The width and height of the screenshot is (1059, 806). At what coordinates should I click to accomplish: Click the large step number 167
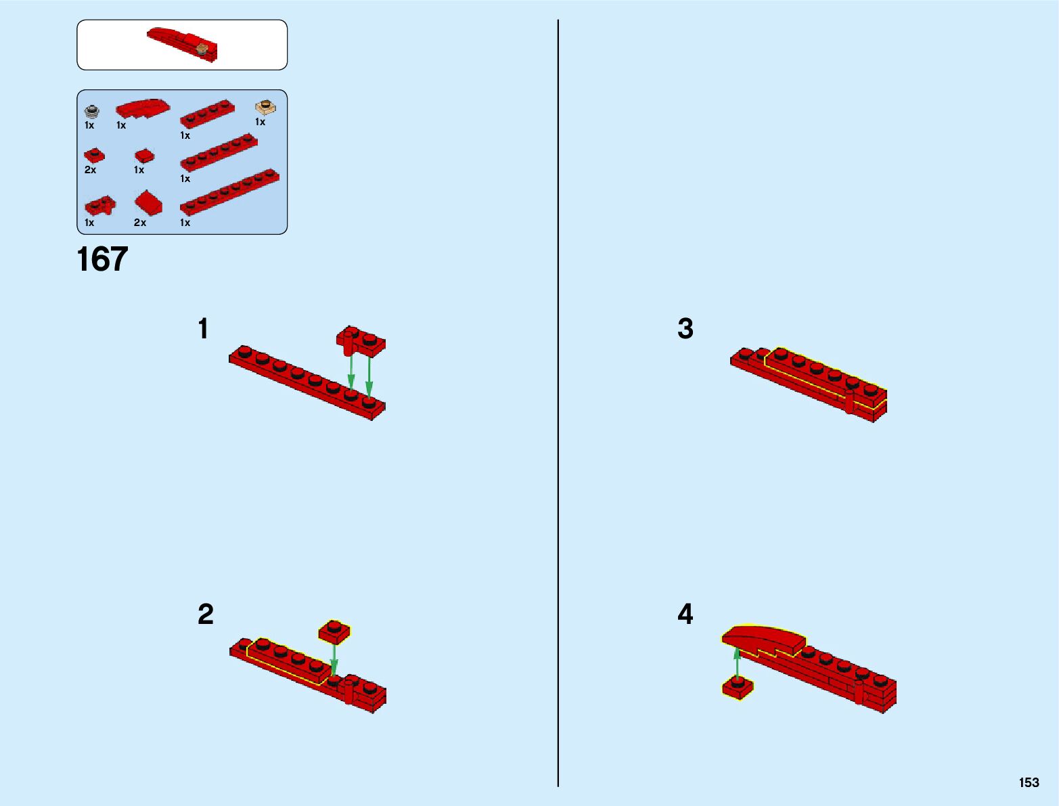[102, 259]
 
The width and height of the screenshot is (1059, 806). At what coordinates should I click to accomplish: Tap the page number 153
[1029, 782]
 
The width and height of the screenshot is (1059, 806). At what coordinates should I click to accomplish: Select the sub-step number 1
[204, 328]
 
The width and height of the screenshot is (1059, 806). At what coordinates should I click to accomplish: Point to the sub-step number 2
[206, 614]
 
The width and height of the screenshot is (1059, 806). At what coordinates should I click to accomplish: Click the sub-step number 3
[685, 328]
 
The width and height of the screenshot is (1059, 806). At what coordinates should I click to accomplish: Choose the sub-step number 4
[685, 614]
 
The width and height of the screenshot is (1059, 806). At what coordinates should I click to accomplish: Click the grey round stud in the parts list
[91, 111]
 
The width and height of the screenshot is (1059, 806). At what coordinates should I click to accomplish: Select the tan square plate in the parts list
[265, 107]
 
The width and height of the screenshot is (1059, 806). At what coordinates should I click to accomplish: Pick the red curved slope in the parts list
[143, 108]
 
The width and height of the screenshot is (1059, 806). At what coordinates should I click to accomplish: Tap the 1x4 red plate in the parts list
[208, 114]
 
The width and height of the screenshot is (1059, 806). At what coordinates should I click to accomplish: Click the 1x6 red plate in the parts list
[219, 154]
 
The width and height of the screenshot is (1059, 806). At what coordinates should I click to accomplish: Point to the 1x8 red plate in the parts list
[229, 192]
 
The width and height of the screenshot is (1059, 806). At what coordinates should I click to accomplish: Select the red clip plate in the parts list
[100, 205]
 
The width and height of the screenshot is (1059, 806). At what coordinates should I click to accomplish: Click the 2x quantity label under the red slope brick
[140, 223]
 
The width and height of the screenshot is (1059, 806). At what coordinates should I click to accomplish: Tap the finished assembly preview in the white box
[183, 45]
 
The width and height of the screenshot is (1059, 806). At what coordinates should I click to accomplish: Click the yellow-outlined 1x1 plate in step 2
[334, 632]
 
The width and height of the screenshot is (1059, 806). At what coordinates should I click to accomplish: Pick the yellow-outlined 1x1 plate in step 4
[737, 688]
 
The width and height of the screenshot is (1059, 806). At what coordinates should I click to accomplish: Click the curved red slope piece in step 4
[764, 641]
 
